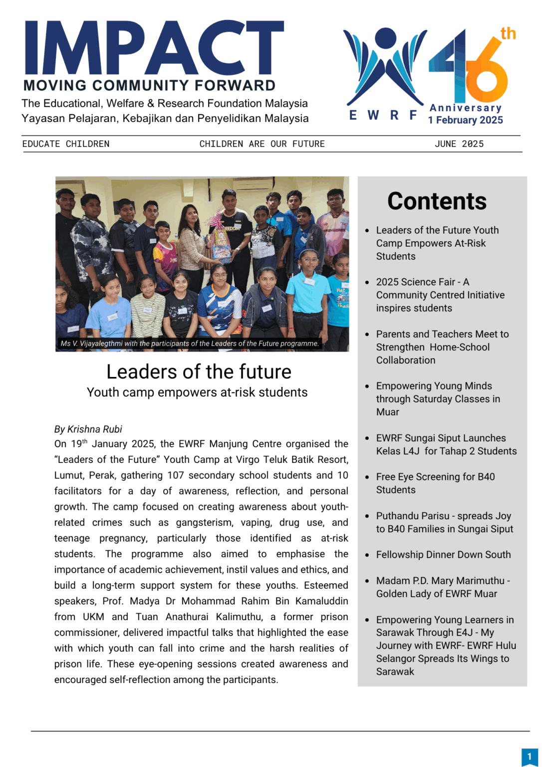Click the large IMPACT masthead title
[x=154, y=48]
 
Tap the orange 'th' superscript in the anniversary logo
[x=508, y=34]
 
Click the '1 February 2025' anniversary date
[x=465, y=120]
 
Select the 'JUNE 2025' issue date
[x=459, y=144]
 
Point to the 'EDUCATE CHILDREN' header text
[x=66, y=144]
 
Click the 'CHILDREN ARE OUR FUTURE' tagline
[x=262, y=144]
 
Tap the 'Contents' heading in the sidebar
[x=437, y=201]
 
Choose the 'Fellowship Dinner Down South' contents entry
[x=443, y=555]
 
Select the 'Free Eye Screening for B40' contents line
[x=435, y=477]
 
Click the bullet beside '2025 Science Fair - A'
[x=367, y=283]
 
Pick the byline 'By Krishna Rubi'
[x=88, y=429]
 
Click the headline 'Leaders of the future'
[x=199, y=372]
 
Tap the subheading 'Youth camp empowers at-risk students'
[x=197, y=392]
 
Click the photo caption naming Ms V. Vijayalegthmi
[x=189, y=344]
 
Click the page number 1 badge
[x=530, y=757]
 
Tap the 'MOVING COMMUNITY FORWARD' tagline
[x=149, y=86]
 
